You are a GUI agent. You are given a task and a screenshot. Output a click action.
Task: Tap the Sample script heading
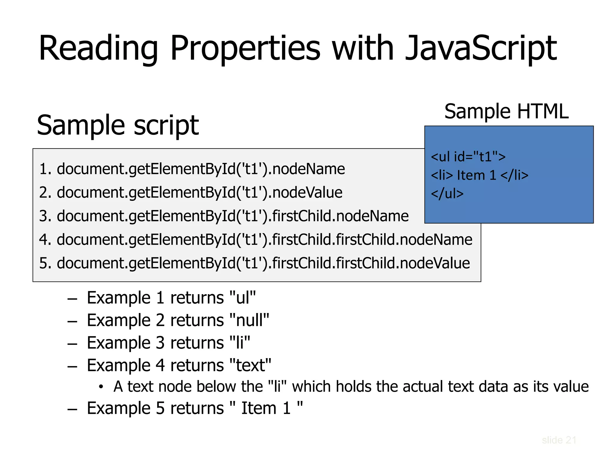118,125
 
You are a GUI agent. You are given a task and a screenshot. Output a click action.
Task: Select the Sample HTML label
506,111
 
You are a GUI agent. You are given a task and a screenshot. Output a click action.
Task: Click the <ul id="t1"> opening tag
468,157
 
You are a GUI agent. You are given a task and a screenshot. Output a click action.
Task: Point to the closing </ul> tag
447,194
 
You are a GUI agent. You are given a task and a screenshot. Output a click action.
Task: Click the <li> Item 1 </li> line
479,175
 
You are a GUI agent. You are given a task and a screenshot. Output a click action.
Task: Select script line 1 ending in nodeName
192,169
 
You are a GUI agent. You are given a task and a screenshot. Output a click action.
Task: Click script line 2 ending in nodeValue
191,192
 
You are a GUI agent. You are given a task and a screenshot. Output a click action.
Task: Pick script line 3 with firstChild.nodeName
224,216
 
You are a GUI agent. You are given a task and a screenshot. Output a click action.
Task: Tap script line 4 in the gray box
255,240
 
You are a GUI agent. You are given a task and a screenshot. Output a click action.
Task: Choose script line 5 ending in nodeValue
254,263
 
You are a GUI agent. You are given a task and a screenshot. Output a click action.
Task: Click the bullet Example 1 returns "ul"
171,298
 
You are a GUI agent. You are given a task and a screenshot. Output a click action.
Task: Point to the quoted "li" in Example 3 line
240,343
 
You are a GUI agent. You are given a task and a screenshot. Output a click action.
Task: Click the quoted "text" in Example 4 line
250,365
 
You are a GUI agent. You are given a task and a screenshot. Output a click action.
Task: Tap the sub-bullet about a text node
351,387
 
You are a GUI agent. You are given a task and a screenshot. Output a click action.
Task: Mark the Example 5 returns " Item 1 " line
195,408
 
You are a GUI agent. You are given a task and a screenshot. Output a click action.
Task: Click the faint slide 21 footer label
559,440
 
